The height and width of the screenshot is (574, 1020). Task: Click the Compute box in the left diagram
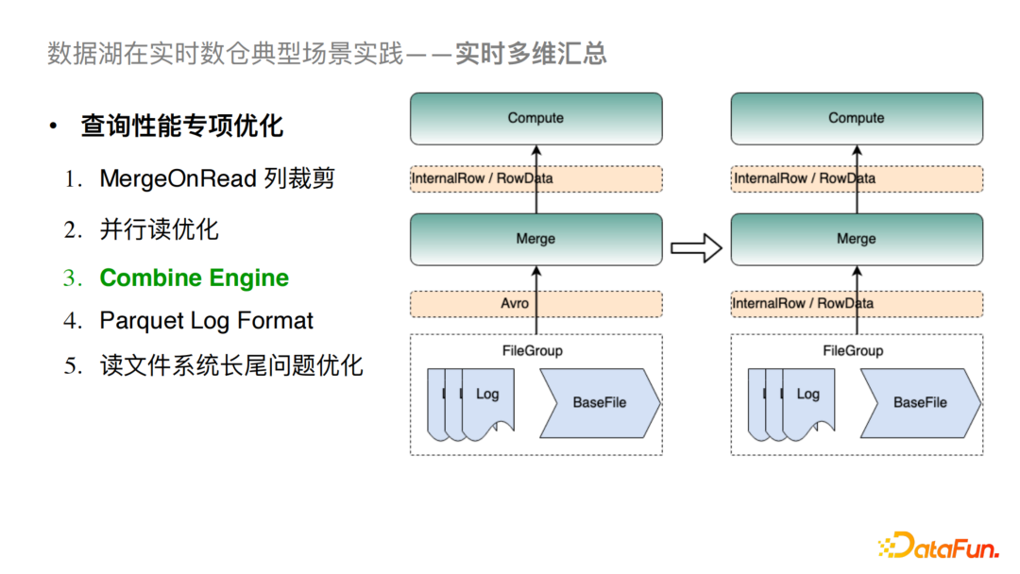(535, 118)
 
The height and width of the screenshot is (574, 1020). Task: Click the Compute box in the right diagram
(857, 118)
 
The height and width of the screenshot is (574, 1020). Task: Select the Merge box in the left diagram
(535, 239)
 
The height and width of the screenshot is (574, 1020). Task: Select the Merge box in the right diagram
(857, 239)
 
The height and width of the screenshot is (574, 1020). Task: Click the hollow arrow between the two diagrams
(696, 248)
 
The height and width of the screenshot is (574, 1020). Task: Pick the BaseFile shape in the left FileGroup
(599, 402)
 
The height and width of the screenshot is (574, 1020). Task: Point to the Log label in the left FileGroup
(487, 394)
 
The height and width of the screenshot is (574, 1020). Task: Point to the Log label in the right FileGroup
(808, 394)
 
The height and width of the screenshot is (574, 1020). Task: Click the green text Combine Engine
(195, 279)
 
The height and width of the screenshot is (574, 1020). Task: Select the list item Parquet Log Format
(206, 321)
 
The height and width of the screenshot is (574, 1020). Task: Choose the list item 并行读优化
(159, 229)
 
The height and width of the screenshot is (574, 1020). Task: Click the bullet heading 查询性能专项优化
(181, 127)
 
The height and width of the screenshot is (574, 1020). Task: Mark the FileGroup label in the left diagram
(532, 350)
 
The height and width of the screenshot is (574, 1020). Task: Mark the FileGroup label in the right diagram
(853, 350)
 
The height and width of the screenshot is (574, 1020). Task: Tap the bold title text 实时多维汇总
(531, 53)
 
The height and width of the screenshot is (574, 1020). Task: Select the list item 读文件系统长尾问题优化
(231, 365)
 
